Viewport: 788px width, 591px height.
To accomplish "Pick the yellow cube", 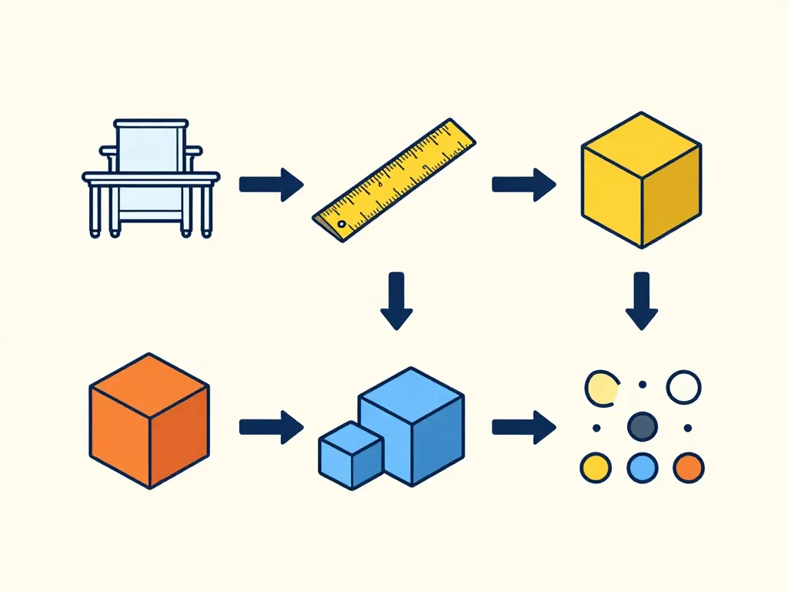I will [641, 180].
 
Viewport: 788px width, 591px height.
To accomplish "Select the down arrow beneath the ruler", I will [396, 300].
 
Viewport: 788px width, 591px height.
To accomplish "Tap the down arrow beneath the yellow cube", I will [641, 300].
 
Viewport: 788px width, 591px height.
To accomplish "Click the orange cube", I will [149, 420].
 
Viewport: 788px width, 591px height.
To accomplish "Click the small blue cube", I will [351, 455].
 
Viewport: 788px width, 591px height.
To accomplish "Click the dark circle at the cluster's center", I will [642, 426].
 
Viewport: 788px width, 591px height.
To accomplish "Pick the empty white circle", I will [683, 387].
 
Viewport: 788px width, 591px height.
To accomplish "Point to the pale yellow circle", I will [601, 388].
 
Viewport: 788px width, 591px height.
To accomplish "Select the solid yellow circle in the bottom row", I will [595, 467].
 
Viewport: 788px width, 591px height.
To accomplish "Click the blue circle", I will [642, 467].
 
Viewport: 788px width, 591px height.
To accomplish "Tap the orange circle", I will [688, 467].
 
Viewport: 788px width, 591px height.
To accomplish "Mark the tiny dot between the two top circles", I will [643, 385].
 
